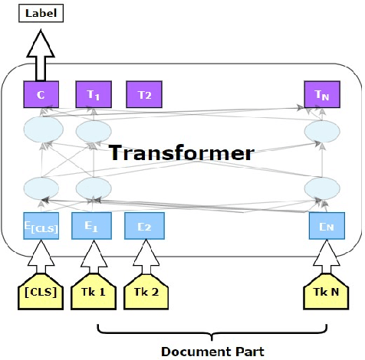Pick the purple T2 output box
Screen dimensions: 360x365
(x=144, y=95)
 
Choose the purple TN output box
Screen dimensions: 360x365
(x=321, y=95)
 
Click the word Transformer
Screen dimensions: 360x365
(x=181, y=152)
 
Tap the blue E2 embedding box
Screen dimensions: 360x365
(x=143, y=227)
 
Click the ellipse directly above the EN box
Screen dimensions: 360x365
(x=321, y=188)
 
